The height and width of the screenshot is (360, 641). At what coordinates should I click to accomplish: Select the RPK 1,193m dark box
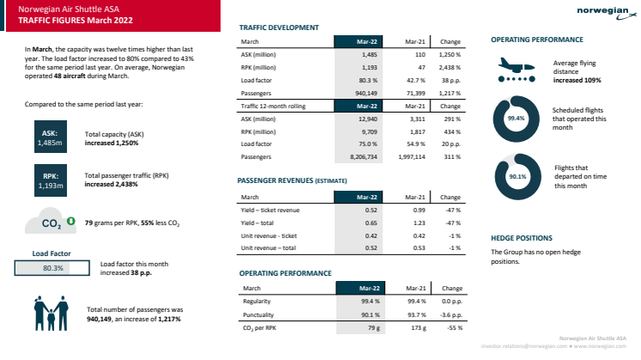pos(50,180)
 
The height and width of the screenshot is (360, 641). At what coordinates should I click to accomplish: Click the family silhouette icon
pos(51,313)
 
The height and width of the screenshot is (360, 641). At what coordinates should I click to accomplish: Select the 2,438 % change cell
pos(449,65)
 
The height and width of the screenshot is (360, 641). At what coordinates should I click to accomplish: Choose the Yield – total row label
pos(261,223)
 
